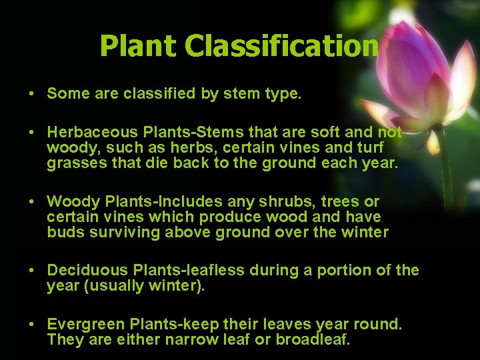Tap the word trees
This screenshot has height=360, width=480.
pyautogui.click(x=337, y=201)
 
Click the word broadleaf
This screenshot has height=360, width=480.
pyautogui.click(x=316, y=339)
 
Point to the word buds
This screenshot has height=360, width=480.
pyautogui.click(x=62, y=232)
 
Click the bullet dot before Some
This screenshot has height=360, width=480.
pyautogui.click(x=31, y=94)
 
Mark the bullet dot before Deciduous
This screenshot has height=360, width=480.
pyautogui.click(x=31, y=271)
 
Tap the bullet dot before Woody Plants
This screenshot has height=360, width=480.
pyautogui.click(x=31, y=202)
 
